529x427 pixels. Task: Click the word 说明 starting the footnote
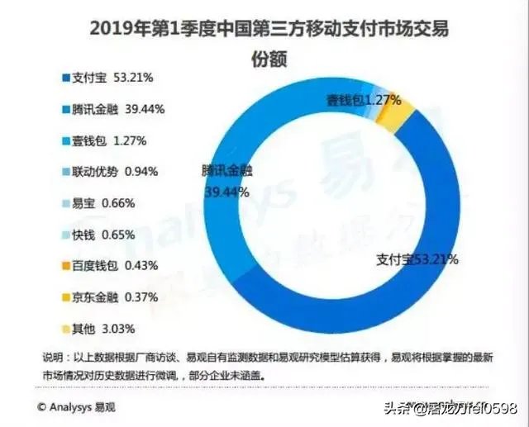pos(50,357)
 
